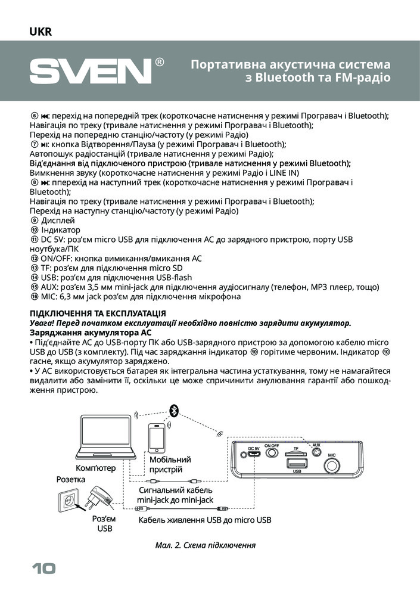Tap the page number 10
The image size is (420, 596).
coord(42,569)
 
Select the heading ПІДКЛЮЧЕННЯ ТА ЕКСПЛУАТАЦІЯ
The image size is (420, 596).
coord(98,313)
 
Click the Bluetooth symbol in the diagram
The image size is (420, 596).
coord(175,409)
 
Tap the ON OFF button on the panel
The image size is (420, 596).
coord(272,453)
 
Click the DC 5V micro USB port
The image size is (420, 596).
coord(254,454)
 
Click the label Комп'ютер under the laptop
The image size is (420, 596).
coord(96,468)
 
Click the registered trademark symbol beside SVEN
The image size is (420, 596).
coord(160,62)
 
